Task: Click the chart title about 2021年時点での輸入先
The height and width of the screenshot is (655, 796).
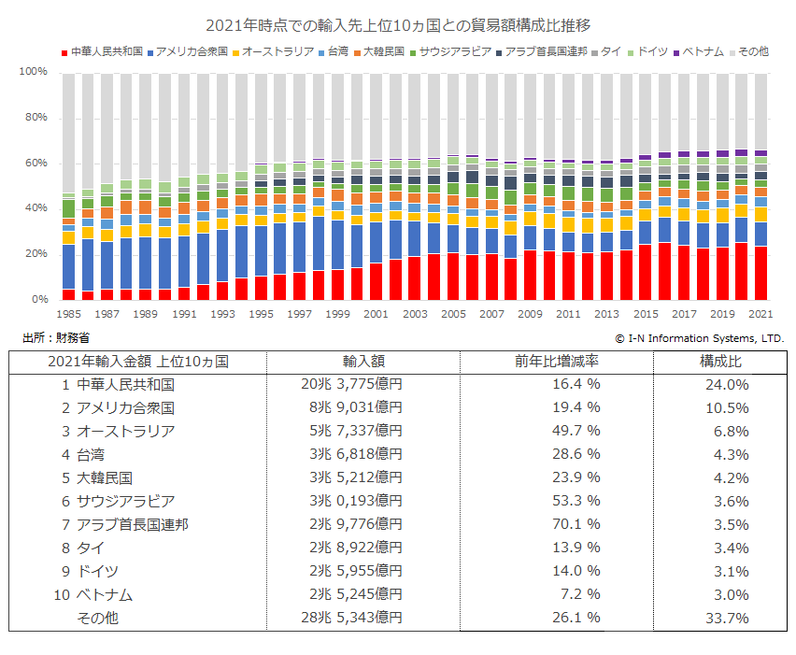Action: point(397,25)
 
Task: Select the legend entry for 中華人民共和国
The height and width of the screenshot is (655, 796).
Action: point(106,52)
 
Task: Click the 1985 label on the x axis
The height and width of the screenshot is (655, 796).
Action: point(68,315)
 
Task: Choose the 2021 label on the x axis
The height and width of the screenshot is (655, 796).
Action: point(760,315)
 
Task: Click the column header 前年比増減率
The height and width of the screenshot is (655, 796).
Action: point(557,361)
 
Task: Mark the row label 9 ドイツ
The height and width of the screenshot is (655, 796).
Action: point(90,572)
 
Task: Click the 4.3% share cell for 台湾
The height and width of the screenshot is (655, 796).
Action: point(727,455)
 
